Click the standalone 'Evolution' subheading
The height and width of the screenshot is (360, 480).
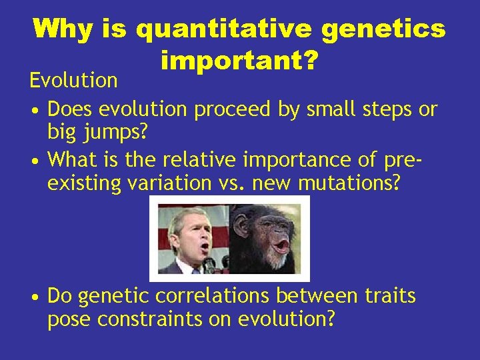tap(73, 81)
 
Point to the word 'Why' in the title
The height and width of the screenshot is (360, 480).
tap(65, 29)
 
